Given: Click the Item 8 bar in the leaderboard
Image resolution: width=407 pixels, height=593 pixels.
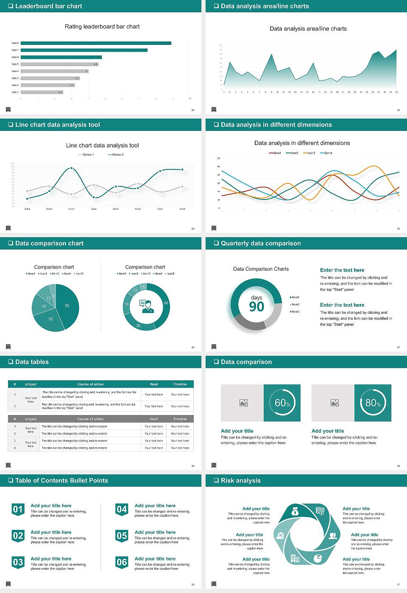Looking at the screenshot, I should pos(96,43).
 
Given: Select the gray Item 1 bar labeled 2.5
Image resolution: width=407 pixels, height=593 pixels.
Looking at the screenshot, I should pos(42,92).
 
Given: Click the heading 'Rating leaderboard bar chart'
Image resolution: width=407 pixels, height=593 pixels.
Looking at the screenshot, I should pos(102,26).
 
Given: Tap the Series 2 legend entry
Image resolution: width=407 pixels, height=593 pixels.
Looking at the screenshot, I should pos(116,155).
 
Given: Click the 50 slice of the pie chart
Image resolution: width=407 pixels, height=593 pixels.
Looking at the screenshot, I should pos(67,305).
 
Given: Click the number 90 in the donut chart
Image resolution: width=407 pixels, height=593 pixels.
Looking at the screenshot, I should pos(256,307).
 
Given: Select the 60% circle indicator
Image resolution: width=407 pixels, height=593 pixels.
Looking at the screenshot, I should pos(282,403).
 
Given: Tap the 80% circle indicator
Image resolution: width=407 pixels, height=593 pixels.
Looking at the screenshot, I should pos(373,403).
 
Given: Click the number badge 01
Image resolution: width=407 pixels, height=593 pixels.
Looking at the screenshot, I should pos(18,510).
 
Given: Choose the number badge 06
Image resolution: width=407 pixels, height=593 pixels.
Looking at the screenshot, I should pos(122,563).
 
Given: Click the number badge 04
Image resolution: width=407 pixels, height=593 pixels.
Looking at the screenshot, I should pos(122,510).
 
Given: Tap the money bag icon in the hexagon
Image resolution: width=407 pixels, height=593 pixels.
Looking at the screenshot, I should pos(295,512).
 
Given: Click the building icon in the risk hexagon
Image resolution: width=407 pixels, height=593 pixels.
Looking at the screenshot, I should pos(295,559).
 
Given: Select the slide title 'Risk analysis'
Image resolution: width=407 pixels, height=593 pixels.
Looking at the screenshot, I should pos(240,480).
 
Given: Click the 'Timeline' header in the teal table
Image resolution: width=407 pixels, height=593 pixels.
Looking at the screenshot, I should pos(180,384).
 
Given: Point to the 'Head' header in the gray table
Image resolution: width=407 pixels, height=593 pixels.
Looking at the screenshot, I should pos(153,419).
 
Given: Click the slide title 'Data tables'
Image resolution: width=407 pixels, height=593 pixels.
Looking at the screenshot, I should pos(32,362).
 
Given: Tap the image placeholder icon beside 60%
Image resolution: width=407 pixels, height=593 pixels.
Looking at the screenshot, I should pos(243,403).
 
